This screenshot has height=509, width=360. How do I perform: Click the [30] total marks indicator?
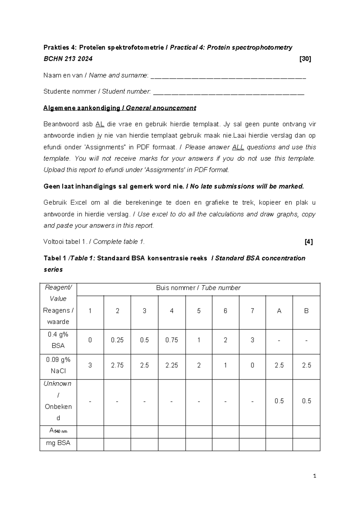pos(305,59)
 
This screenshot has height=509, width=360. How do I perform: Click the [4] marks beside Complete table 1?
pos(308,242)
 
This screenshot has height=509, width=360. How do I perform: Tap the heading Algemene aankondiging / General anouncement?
pos(120,108)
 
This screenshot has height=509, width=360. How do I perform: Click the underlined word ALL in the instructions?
pos(238,147)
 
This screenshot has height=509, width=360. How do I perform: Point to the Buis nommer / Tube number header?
pos(198,288)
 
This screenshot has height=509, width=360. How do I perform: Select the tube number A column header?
pos(279,311)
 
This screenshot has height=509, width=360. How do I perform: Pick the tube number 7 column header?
pos(252,311)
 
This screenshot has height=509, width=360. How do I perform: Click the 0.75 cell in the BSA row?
pos(172,340)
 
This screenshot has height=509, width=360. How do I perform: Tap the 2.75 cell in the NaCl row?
pos(117,365)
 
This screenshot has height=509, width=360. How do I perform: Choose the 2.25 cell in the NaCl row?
pos(172,365)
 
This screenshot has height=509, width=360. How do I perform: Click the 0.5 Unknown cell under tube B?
pos(306,401)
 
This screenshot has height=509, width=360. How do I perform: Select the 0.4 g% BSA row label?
pos(58,340)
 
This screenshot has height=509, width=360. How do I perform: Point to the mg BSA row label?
pos(58,443)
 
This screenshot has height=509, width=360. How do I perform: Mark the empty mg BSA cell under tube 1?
pos(90,444)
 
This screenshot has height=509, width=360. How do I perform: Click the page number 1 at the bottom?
pos(314,476)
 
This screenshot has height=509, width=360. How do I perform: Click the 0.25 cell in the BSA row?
pos(117,340)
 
